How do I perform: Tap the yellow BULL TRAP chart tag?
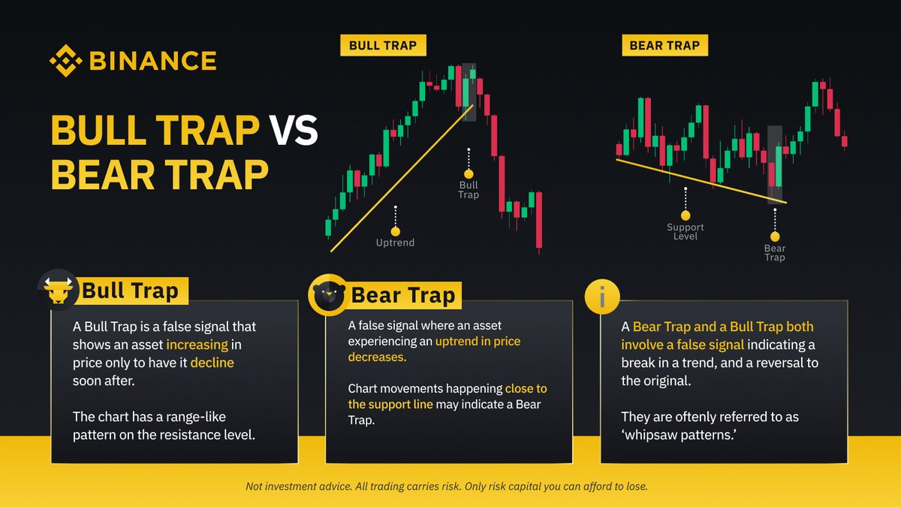(383, 45)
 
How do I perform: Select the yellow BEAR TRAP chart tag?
(664, 45)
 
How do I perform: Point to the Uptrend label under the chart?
(395, 243)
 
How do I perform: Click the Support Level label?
(686, 231)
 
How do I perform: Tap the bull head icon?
(58, 289)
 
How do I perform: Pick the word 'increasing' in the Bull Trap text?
(197, 345)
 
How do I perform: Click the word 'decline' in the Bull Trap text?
(212, 363)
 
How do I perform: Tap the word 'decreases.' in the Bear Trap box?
(377, 358)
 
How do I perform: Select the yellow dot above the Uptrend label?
(396, 231)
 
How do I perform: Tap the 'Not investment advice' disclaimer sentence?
(446, 487)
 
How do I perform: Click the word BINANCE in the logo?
(152, 61)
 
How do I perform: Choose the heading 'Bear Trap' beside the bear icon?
(404, 295)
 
